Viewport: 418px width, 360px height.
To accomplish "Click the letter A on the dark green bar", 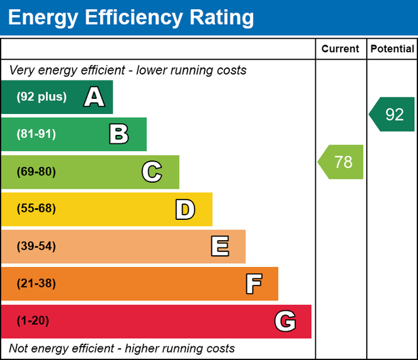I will coord(94,98).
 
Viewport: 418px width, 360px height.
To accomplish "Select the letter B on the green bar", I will coord(119,134).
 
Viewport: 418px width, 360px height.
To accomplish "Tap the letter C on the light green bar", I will coord(151,172).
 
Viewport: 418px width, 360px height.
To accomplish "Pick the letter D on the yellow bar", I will coord(185,209).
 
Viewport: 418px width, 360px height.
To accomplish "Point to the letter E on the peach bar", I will coord(219,247).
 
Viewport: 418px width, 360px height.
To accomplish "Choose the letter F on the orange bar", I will coord(254,284).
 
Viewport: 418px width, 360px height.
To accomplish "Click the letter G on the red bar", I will coord(285,321).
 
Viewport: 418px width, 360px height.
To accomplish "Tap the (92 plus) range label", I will coord(41,97).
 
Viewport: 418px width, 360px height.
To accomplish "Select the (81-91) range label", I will coord(36,134).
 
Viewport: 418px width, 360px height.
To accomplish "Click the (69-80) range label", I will coord(36,172).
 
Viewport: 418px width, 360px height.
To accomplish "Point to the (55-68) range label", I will coord(36,209).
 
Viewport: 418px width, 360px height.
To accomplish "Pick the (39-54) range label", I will coord(36,247).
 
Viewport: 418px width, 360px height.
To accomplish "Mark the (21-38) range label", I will coord(36,284).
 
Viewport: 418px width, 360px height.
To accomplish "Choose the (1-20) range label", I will coord(33,321).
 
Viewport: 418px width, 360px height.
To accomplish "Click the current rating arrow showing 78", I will coord(341,162).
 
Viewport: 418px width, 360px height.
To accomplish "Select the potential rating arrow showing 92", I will coord(392,115).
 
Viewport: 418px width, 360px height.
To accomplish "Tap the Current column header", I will coord(341,49).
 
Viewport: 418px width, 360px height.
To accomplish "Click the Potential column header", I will coord(392,49).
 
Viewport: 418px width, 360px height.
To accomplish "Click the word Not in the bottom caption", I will coord(19,348).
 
